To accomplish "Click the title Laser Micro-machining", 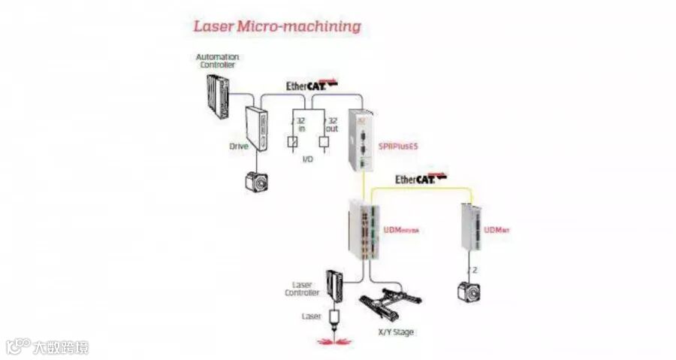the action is coord(277,26).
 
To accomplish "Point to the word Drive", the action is coord(239,146).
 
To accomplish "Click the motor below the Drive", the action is coord(258,181).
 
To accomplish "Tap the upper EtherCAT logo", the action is coord(312,85).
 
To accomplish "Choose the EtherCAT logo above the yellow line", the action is coord(421,179).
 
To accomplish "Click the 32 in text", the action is coord(301,125).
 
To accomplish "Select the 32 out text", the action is coord(331,125).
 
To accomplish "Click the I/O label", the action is coord(308,160).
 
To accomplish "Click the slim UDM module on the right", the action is coord(470,228).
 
